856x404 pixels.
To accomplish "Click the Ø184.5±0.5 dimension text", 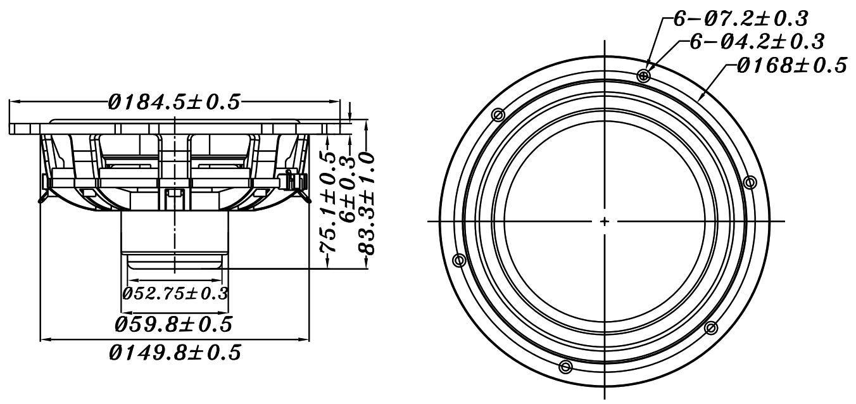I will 174,103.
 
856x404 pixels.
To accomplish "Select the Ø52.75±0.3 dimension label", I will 175,294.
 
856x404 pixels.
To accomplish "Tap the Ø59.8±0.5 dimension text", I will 173,325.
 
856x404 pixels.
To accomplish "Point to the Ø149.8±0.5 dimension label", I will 175,353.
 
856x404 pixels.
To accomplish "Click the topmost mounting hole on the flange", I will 644,76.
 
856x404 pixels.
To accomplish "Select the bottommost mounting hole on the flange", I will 566,367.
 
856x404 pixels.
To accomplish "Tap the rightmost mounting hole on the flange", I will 750,183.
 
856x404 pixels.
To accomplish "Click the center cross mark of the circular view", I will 605,222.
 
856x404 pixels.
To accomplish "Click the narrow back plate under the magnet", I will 175,260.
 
